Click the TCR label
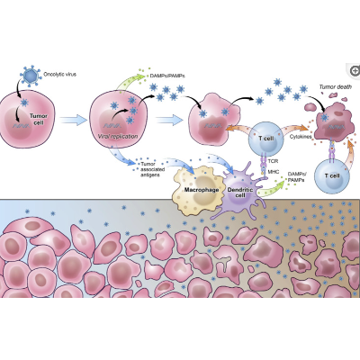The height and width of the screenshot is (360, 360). point(273,157)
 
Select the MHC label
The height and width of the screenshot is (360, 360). point(273,172)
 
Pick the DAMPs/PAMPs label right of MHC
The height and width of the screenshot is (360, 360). point(295,179)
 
